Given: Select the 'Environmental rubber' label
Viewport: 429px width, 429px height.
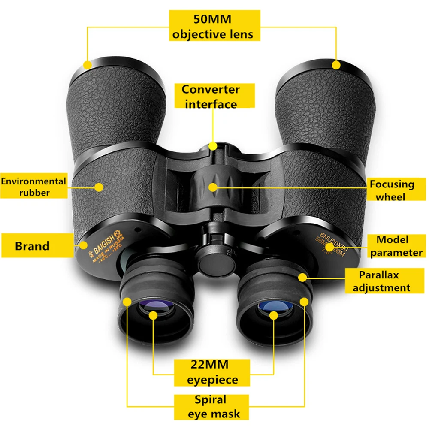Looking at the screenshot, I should (33, 187).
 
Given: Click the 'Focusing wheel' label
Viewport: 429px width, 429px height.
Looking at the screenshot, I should (393, 190).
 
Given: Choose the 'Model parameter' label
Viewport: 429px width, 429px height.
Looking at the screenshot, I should (397, 246).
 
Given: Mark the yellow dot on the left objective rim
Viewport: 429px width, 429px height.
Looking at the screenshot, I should (88, 65).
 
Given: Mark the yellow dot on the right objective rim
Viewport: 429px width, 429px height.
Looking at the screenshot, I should (336, 65).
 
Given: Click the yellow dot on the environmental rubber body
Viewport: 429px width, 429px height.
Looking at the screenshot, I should (100, 187).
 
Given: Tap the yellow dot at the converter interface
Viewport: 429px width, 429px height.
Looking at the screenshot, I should (213, 146).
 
